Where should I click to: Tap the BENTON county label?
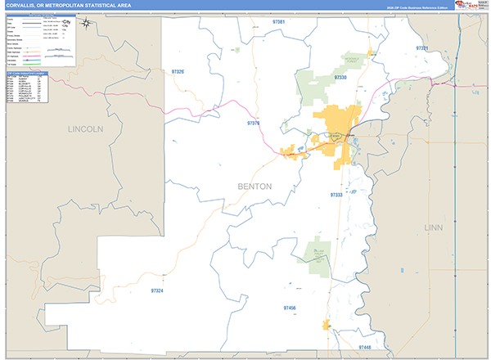point(254,187)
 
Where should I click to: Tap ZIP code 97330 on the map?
point(340,77)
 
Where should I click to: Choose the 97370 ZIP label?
point(253,124)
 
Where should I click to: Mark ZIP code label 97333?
point(336,196)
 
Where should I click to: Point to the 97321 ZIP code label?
point(422,49)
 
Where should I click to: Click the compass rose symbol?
point(87,25)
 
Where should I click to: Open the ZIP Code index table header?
point(27,73)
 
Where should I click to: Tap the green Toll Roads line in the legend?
point(58,63)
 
